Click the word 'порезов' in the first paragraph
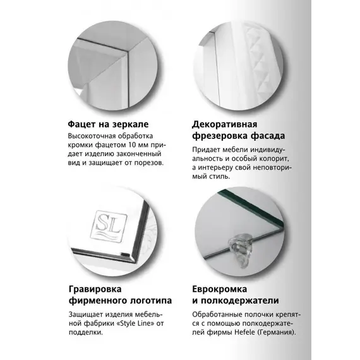coord(147,162)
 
